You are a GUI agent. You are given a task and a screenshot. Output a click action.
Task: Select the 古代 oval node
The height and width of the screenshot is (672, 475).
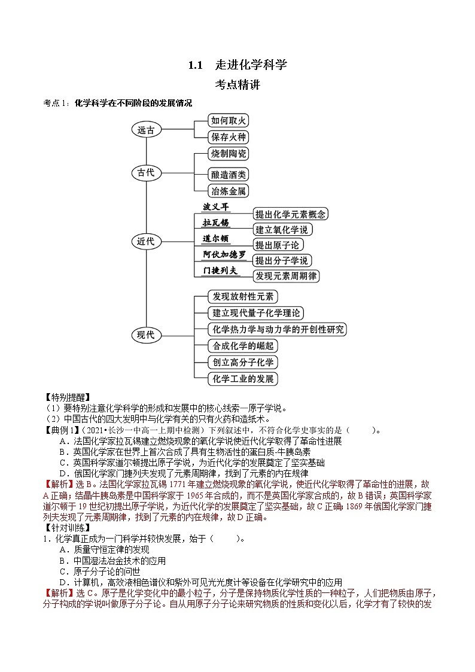pos(146,173)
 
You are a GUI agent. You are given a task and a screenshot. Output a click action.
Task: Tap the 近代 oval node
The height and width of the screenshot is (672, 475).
pos(146,242)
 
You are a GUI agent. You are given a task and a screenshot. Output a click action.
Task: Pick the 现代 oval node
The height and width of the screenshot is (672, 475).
pos(146,335)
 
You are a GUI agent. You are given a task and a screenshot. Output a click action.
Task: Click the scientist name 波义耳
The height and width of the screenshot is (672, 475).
pos(216,207)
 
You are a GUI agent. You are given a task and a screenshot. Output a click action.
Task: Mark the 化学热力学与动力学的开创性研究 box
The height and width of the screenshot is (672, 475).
pos(277,329)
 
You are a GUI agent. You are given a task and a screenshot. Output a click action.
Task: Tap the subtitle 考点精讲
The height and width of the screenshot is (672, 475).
pos(237,85)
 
